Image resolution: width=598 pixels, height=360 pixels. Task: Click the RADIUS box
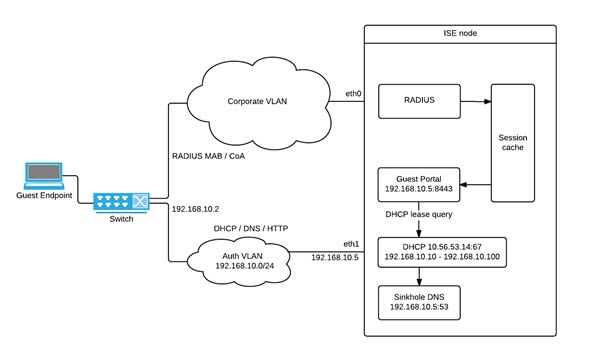(x=417, y=100)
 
